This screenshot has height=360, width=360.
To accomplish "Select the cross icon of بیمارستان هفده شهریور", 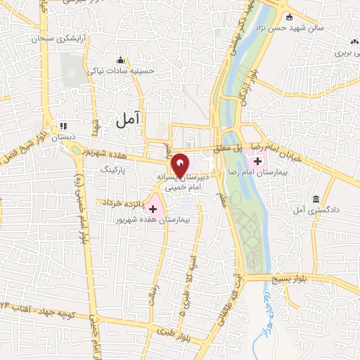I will click(x=153, y=208).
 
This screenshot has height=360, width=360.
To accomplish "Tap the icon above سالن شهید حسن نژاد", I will click(x=288, y=17).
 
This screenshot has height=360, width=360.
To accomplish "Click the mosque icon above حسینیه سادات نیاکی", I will click(x=121, y=60).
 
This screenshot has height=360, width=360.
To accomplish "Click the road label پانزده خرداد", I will click(x=123, y=202).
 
